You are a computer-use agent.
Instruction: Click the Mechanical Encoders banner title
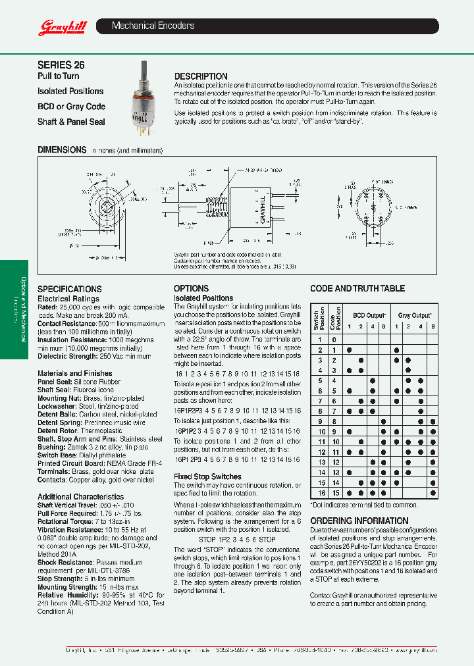click(153, 26)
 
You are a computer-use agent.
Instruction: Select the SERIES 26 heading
click(61, 65)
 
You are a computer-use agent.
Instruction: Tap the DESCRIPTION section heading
click(201, 76)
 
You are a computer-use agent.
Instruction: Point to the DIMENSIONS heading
click(62, 150)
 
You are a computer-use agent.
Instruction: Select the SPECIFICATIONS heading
click(69, 289)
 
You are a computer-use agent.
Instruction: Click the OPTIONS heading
click(191, 288)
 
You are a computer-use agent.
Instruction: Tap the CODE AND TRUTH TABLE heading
click(357, 288)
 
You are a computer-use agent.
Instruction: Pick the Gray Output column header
click(415, 315)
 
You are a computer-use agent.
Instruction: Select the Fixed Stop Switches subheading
click(207, 476)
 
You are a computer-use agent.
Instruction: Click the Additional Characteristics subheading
click(80, 497)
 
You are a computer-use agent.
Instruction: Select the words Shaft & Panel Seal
click(71, 122)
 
